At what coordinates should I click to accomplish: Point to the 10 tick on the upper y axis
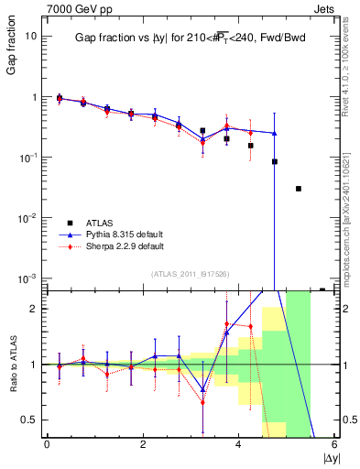[x=31, y=36]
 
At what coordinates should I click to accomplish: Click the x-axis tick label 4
[x=238, y=444]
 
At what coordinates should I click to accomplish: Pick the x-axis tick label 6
[x=334, y=444]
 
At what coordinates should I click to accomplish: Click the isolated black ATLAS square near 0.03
[x=299, y=189]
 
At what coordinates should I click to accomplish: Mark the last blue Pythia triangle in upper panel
[x=275, y=133]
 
